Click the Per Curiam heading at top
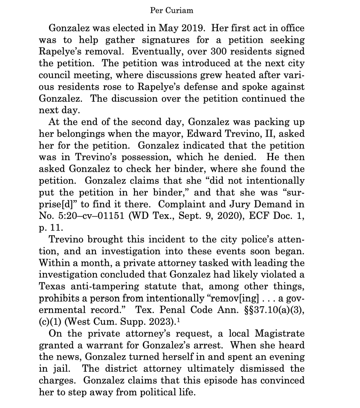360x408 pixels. click(171, 11)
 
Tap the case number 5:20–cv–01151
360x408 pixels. click(98, 216)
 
